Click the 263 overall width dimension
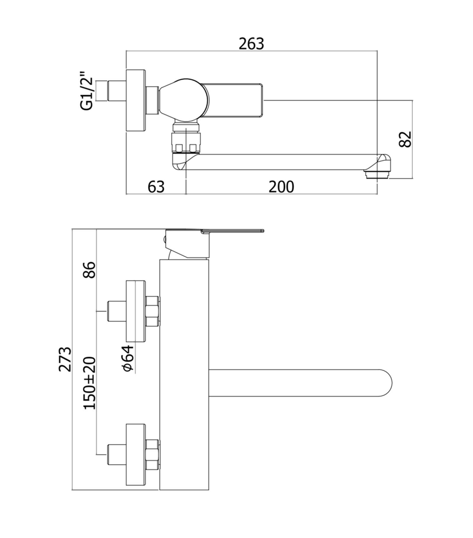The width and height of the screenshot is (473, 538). (x=251, y=44)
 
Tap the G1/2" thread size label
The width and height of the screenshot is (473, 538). (x=87, y=90)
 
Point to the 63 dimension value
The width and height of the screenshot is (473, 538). (x=156, y=187)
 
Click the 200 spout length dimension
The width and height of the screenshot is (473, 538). (x=281, y=187)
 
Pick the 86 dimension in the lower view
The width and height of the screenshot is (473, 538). (x=90, y=270)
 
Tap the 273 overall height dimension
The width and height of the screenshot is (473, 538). (x=65, y=359)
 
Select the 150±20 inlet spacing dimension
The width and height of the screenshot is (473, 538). (x=90, y=383)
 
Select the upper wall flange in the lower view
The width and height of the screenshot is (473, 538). (x=136, y=311)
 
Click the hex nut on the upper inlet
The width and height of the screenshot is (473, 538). (x=153, y=311)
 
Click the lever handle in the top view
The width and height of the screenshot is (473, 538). (x=234, y=100)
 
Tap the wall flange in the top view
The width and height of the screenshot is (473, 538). (x=136, y=101)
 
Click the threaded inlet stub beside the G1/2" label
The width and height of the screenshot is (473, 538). (x=116, y=91)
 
